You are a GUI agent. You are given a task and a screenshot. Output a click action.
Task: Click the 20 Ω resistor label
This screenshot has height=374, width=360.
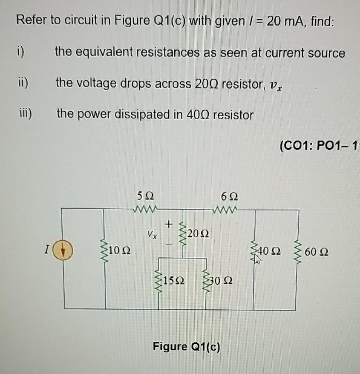(x=198, y=233)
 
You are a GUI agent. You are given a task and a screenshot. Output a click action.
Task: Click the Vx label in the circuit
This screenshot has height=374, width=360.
(x=151, y=233)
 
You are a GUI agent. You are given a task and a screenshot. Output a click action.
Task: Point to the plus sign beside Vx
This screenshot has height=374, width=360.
(x=169, y=223)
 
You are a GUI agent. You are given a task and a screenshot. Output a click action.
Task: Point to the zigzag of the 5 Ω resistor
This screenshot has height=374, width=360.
(x=145, y=208)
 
